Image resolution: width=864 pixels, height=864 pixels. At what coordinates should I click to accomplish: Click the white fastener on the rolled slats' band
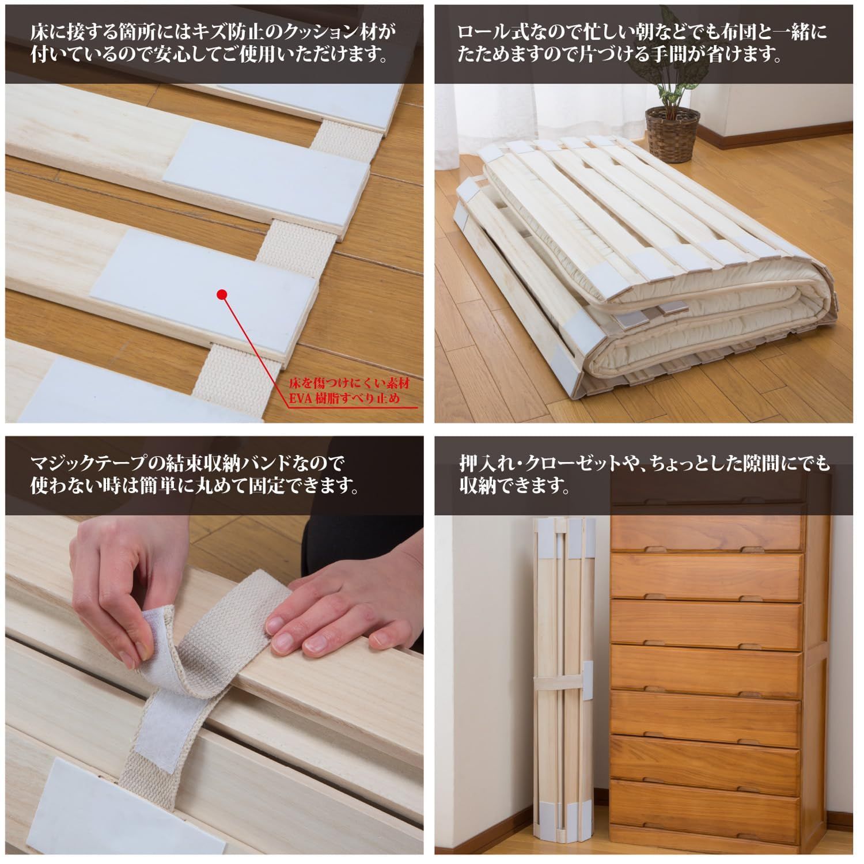coord(587,682)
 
